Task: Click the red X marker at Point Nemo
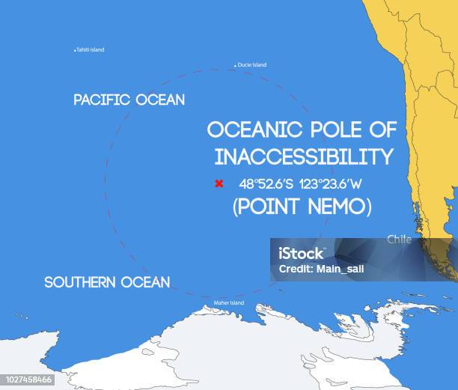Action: (219, 183)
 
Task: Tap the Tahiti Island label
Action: (91, 50)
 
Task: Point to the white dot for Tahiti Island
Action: (75, 50)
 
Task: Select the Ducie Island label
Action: (252, 65)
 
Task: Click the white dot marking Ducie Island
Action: (236, 66)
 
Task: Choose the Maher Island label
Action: (229, 302)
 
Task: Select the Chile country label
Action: (399, 240)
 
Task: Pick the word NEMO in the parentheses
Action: (334, 207)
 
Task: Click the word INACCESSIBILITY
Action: (304, 156)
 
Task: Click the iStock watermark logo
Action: (301, 254)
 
